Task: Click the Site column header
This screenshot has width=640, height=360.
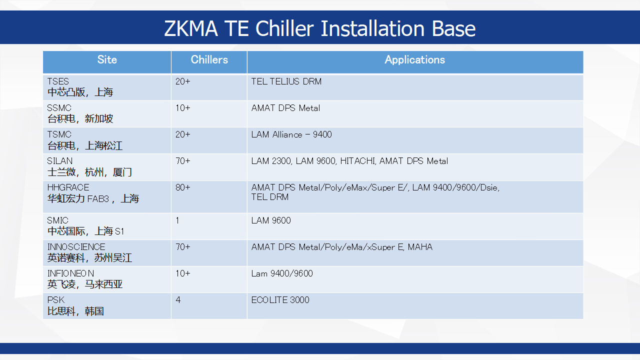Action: [x=107, y=59]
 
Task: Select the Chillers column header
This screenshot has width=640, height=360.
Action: [x=209, y=59]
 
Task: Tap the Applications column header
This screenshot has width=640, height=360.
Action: [x=415, y=59]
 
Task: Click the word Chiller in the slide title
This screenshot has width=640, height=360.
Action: [x=284, y=28]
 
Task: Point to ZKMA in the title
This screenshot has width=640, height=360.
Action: [x=191, y=28]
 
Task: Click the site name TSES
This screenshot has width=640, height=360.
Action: [x=58, y=81]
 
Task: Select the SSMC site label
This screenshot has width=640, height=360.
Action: [x=59, y=108]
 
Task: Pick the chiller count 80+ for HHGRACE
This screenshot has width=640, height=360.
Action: [x=183, y=187]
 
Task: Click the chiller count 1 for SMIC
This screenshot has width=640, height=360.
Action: [x=177, y=220]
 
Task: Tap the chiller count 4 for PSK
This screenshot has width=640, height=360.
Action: [x=178, y=300]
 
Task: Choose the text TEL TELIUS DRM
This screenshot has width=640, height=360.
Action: [x=286, y=81]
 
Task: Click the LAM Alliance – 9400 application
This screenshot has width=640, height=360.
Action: [x=291, y=134]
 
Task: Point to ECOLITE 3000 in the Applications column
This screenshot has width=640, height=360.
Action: [x=280, y=300]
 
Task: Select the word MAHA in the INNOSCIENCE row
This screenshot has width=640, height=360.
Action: [x=420, y=247]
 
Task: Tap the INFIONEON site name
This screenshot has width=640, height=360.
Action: [x=70, y=273]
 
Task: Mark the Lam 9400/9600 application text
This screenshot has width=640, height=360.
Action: [x=282, y=273]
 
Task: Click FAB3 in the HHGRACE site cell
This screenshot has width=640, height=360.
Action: [x=98, y=198]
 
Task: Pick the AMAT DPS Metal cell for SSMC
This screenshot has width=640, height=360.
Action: [x=285, y=108]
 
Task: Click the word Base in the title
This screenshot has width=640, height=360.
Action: [x=453, y=28]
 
